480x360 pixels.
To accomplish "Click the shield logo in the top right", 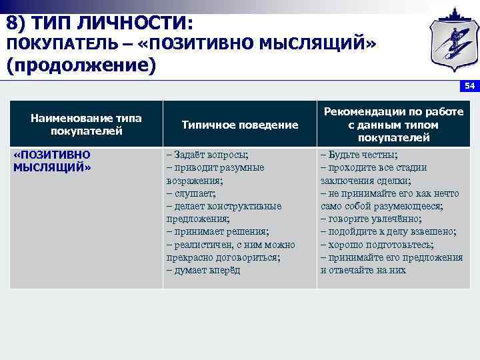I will pyautogui.click(x=450, y=41).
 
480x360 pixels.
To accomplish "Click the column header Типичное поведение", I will pyautogui.click(x=239, y=125).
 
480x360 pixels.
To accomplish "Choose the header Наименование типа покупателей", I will pyautogui.click(x=86, y=125).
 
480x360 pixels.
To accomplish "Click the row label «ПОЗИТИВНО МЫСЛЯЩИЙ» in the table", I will pyautogui.click(x=52, y=161).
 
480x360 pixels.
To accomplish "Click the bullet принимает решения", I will pyautogui.click(x=218, y=232).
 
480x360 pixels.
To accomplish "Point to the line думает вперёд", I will pyautogui.click(x=203, y=271).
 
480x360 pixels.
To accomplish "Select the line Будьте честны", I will pyautogui.click(x=359, y=155).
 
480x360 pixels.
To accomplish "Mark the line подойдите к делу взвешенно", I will pyautogui.click(x=389, y=232).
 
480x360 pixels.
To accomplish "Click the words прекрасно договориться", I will pyautogui.click(x=223, y=257).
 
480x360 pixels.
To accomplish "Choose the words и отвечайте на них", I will pyautogui.click(x=363, y=271).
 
